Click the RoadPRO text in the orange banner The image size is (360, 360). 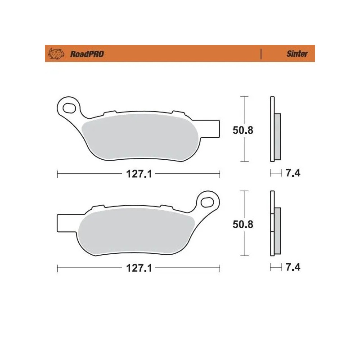click(x=87, y=54)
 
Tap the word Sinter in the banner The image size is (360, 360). click(x=297, y=54)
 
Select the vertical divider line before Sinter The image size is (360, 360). click(x=261, y=54)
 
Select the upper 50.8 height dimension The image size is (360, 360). click(x=243, y=130)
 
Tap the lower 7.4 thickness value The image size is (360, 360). click(x=293, y=267)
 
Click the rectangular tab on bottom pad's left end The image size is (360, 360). click(x=65, y=222)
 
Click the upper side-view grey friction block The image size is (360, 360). click(x=277, y=136)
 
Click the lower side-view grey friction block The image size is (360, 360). click(x=277, y=230)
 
